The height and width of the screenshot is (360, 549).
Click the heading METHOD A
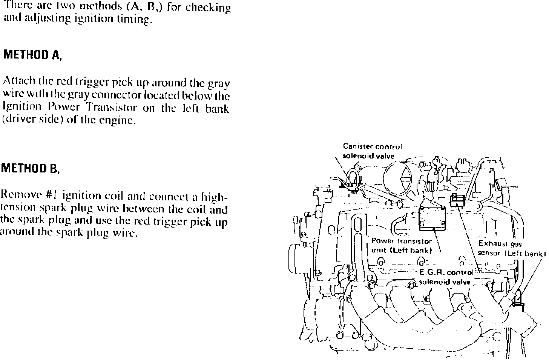click(x=32, y=55)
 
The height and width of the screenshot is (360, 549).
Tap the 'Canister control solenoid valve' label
click(x=372, y=151)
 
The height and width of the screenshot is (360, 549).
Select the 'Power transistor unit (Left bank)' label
click(x=401, y=245)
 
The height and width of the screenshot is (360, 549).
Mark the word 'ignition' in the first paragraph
click(x=91, y=20)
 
